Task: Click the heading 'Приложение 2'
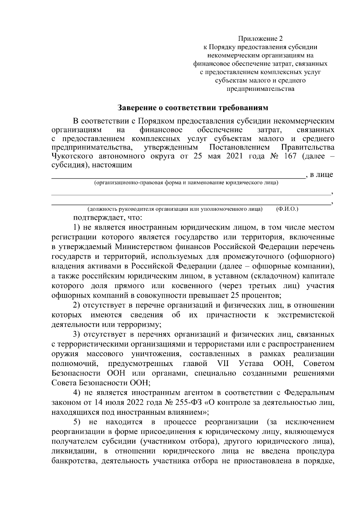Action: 260,39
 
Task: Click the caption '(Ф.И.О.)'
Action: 287,209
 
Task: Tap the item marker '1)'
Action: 77,228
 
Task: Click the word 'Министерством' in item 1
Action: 144,247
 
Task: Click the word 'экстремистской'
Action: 306,315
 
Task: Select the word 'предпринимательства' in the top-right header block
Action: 260,89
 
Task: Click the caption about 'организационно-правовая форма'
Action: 186,183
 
